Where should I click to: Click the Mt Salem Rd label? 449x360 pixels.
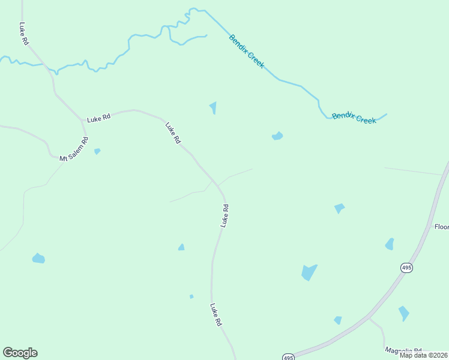(74, 149)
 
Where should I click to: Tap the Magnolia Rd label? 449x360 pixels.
(403, 351)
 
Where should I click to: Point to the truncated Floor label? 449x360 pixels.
(441, 227)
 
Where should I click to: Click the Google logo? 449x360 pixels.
(20, 353)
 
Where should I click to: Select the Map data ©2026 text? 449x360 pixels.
(423, 355)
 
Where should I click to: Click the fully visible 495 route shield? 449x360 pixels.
(406, 268)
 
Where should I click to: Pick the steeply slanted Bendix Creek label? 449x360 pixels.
(246, 51)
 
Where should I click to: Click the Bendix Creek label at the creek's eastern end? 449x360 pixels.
(354, 117)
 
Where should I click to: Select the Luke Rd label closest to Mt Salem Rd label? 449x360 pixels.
(99, 118)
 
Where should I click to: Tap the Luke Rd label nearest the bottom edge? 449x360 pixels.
(216, 314)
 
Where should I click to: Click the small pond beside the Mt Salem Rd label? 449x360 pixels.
(97, 151)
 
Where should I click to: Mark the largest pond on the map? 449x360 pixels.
(309, 272)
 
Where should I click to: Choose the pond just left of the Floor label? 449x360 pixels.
(390, 244)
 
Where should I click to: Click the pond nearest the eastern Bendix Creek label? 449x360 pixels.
(277, 136)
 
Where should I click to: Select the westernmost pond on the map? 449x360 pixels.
(38, 259)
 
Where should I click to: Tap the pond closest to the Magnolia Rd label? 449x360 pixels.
(403, 313)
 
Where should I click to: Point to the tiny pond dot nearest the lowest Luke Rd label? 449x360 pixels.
(191, 296)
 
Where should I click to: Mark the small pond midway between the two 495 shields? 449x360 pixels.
(338, 320)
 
